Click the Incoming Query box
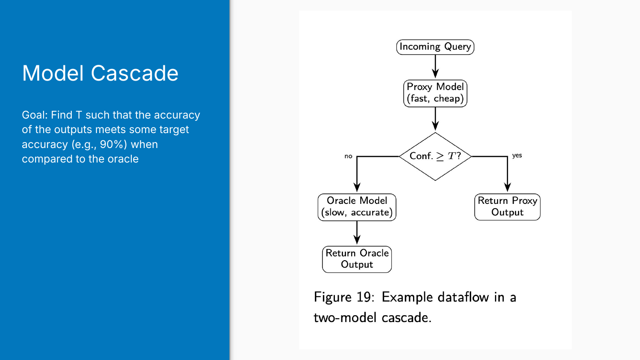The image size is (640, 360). coord(435,47)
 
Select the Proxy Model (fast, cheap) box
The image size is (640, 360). coord(435,93)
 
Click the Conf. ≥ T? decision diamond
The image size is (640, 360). coord(435,156)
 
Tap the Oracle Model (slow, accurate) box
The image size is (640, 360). coord(357,207)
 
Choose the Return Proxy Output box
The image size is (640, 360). coord(507,207)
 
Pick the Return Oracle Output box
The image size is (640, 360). coord(357,259)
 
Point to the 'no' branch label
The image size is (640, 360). coord(348,156)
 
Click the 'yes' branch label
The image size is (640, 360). coord(517,155)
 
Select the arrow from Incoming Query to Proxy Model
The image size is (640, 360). coord(435,67)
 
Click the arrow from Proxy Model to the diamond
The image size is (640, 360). coord(435,119)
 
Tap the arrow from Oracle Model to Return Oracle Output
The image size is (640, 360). coord(357,232)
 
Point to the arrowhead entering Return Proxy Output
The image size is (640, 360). coord(507,187)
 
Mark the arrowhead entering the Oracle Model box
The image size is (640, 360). coord(357,187)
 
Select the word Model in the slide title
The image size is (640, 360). coord(53,73)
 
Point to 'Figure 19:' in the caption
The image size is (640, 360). coord(344,297)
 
